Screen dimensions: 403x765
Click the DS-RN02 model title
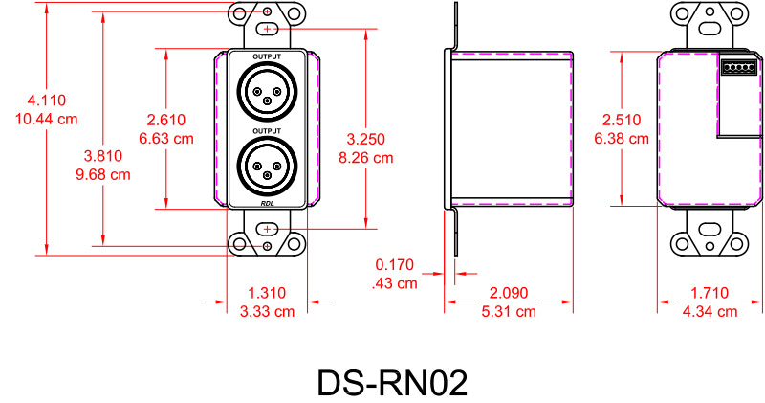pos(392,383)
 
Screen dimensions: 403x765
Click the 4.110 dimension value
pos(47,101)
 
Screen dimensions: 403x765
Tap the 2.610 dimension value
pos(166,120)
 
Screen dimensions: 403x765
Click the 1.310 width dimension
pos(267,293)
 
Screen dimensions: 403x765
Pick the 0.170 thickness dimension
pos(394,264)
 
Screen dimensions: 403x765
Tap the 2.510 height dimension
pos(622,120)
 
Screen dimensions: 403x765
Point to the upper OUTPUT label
pos(267,58)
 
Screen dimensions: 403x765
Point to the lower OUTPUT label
pos(267,130)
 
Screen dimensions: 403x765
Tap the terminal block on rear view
pos(736,68)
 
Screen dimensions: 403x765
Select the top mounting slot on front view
pos(267,30)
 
